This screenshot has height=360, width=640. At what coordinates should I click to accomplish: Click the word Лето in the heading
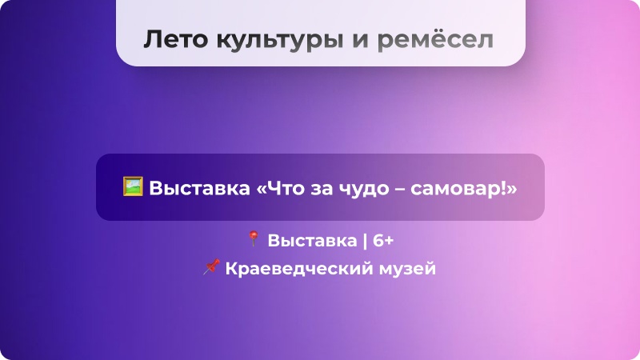(175, 39)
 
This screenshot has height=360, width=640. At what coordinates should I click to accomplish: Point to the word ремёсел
(435, 40)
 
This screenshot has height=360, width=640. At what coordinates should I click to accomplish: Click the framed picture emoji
(133, 186)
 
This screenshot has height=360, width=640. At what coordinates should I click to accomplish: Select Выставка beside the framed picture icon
(199, 188)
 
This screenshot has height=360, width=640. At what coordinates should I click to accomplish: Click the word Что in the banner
(284, 188)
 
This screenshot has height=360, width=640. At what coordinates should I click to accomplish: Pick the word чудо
(363, 190)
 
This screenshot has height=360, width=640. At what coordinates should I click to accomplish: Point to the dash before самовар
(400, 190)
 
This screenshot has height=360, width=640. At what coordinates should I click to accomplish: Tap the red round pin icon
(254, 238)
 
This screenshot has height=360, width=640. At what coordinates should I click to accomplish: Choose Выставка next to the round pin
(312, 241)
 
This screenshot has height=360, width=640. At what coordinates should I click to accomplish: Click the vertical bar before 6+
(365, 241)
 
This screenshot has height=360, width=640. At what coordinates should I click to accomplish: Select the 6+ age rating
(383, 241)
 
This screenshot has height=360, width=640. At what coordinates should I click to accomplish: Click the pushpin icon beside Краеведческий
(211, 266)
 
